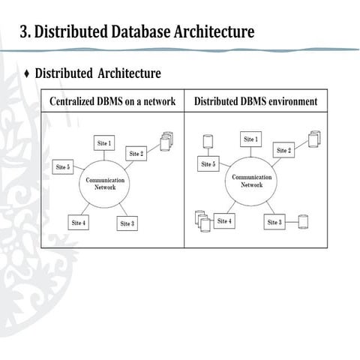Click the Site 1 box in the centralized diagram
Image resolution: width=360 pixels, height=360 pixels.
pyautogui.click(x=104, y=142)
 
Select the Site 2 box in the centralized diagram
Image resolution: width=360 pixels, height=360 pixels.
pyautogui.click(x=136, y=154)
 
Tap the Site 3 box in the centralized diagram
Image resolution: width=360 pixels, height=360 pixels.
pyautogui.click(x=127, y=223)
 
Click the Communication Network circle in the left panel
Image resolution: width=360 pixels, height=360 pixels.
pyautogui.click(x=104, y=184)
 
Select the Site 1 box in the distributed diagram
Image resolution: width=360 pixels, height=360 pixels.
pyautogui.click(x=250, y=139)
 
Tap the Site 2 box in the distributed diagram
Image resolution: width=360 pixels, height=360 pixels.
pyautogui.click(x=284, y=151)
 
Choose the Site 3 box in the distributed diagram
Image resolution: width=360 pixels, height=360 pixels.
pyautogui.click(x=274, y=222)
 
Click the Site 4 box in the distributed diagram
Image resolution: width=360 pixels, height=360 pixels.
pyautogui.click(x=224, y=221)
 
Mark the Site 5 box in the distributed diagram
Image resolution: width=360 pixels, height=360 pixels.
pyautogui.click(x=208, y=163)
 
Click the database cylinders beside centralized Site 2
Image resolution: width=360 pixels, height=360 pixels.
pyautogui.click(x=166, y=140)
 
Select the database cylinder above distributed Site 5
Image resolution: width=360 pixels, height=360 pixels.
pyautogui.click(x=207, y=141)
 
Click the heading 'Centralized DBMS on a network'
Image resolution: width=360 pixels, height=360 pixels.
pyautogui.click(x=112, y=101)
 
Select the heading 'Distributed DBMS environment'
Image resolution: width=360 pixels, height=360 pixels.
pyautogui.click(x=255, y=101)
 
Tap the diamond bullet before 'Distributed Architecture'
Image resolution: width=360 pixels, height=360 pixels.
pyautogui.click(x=27, y=73)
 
